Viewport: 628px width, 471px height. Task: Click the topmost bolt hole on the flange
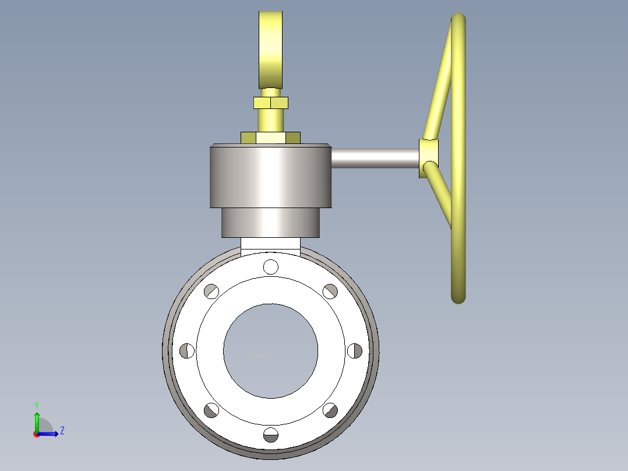(x=270, y=266)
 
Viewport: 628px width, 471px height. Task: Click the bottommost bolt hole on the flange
(x=270, y=435)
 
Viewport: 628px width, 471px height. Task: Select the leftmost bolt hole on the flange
(x=187, y=350)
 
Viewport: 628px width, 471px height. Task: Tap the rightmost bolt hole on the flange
(x=354, y=350)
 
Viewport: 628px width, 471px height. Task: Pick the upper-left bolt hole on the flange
(x=211, y=290)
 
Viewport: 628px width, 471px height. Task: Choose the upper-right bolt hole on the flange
(x=330, y=290)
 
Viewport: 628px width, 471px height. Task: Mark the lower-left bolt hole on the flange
(x=211, y=410)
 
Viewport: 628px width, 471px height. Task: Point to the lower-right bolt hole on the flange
(x=330, y=410)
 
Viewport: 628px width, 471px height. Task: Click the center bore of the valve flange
(x=270, y=351)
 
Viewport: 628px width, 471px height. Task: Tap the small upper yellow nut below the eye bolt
(x=270, y=103)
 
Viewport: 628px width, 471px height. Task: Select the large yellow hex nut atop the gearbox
(x=270, y=138)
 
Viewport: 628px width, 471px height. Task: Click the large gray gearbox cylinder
(x=270, y=176)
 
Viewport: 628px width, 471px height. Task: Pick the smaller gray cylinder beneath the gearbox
(x=270, y=223)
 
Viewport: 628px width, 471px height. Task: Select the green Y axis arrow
(x=37, y=420)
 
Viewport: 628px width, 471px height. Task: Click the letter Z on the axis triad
(x=62, y=431)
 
